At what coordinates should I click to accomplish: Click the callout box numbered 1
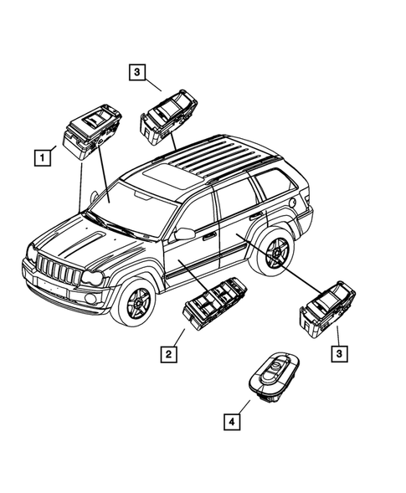pos(40,157)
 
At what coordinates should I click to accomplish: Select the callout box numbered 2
pos(169,356)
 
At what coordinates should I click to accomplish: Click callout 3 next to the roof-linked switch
pos(136,73)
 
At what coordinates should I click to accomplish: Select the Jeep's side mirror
pos(184,233)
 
